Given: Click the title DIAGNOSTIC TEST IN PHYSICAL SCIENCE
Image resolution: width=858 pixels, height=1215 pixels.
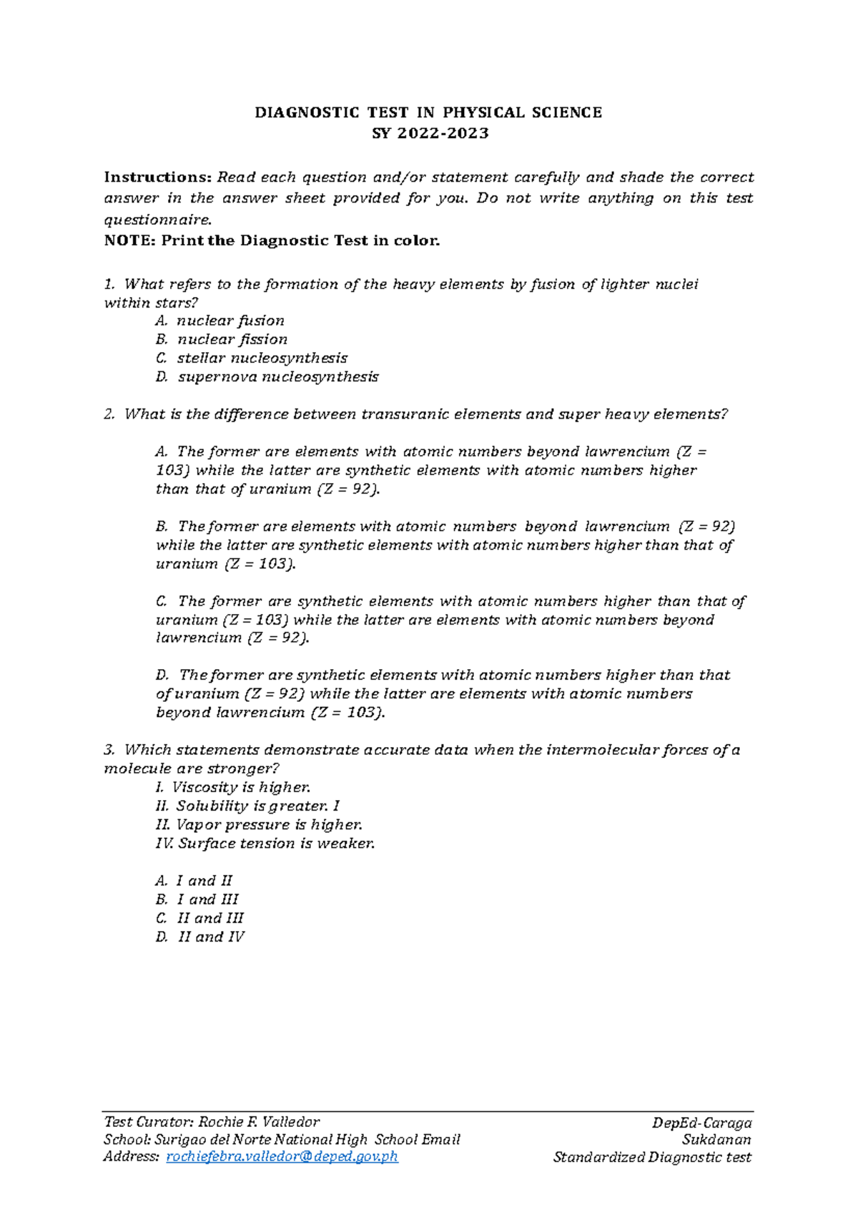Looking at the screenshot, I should [x=428, y=112].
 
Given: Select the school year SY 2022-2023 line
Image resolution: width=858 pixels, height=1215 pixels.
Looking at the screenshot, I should [x=430, y=133].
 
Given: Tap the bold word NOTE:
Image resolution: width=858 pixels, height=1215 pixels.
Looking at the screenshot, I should [x=129, y=241].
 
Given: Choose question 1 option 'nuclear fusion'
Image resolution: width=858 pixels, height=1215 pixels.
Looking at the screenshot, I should [x=230, y=321].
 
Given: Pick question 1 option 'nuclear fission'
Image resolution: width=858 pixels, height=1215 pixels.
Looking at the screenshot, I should [x=232, y=339].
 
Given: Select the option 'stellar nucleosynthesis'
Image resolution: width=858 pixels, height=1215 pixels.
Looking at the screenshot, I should [x=262, y=358].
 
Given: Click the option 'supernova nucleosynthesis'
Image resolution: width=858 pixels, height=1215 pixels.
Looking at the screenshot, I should [x=277, y=376].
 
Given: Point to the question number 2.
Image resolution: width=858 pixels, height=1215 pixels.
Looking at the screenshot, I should [x=109, y=414].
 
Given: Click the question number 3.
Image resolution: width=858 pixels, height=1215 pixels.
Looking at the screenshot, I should [x=109, y=750].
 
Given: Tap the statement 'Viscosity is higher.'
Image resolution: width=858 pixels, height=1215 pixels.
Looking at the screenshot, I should [x=241, y=787].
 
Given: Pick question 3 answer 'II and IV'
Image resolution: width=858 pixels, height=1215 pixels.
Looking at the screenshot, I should [x=210, y=937].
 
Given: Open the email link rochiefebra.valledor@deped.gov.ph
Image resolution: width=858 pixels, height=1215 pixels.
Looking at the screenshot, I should [x=282, y=1157].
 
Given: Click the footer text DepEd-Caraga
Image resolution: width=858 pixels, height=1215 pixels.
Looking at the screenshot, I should [x=701, y=1123].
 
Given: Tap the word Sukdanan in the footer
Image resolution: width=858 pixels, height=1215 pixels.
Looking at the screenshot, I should [x=716, y=1140].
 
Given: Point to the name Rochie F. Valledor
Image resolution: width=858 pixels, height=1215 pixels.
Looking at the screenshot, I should [x=259, y=1122].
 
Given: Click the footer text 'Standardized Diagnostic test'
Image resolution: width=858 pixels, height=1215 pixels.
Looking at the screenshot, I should [x=652, y=1157].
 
